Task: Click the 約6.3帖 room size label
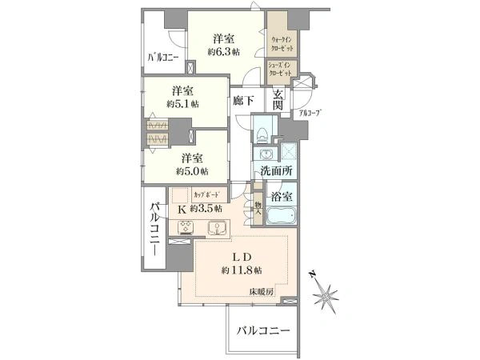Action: [223, 50]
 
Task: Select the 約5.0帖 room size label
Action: [194, 171]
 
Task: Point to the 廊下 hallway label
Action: [244, 102]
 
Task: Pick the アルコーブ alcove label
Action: [310, 114]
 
